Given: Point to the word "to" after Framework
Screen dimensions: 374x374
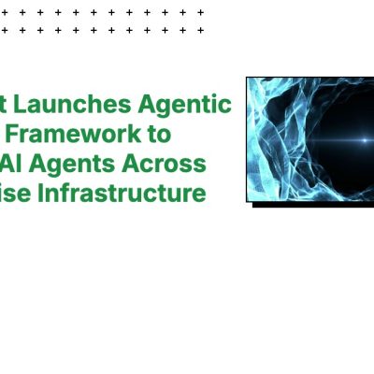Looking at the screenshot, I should (x=160, y=133).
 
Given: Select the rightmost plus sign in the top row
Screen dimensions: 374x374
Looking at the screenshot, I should (x=200, y=12).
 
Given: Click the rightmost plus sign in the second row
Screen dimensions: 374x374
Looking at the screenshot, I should (x=200, y=30).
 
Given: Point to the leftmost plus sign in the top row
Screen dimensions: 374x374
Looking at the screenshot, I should (x=4, y=12).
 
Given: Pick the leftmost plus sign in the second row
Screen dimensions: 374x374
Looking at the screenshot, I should (x=4, y=30).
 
